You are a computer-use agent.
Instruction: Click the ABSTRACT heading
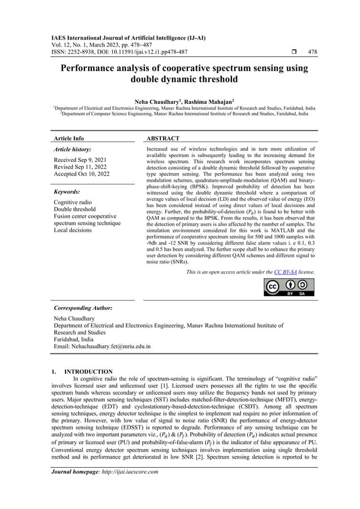[x=163, y=138]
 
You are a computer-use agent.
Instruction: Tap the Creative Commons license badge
[x=289, y=287]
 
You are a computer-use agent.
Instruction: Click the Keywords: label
[x=67, y=192]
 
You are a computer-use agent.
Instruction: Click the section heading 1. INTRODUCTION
[x=82, y=372]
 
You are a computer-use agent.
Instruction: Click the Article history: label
[x=72, y=150]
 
